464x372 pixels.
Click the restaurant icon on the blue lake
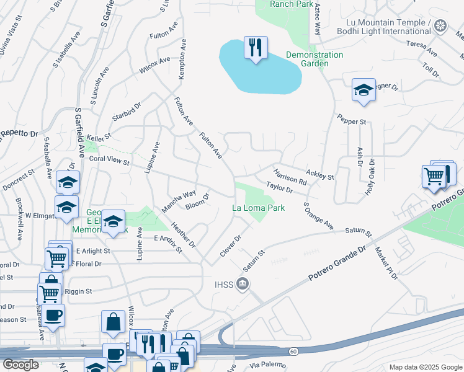pos(256,46)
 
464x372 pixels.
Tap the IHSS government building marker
pos(243,285)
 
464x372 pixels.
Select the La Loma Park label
pos(259,208)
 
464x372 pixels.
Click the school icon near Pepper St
pos(364,91)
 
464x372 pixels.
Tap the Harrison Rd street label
pos(290,177)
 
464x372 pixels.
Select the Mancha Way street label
pos(179,201)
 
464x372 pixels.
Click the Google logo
pos(20,364)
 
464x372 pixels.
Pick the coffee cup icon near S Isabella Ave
pos(53,314)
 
